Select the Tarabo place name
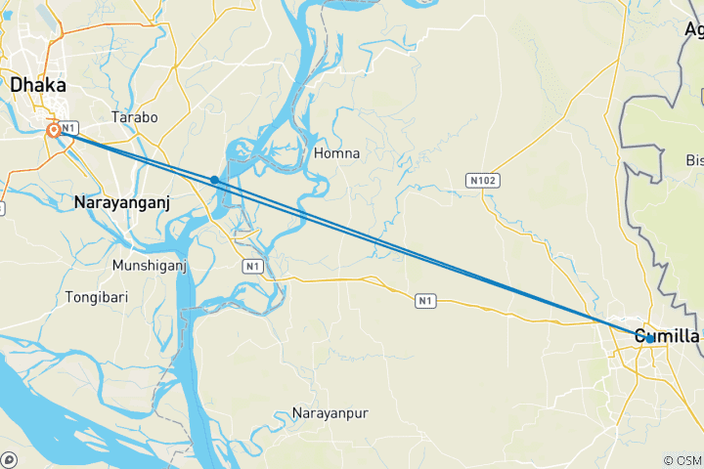point(135,117)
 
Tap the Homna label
point(337,153)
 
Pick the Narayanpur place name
point(330,414)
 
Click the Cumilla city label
point(667,336)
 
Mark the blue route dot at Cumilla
point(650,338)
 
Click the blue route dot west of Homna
point(214,180)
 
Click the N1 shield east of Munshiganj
point(253,266)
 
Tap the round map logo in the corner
point(9,459)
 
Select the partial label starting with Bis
point(694,159)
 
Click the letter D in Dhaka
point(18,86)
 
